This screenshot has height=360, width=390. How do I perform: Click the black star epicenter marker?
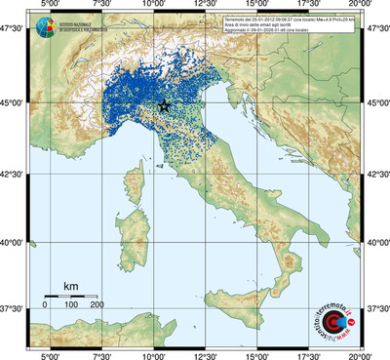(x=164, y=105)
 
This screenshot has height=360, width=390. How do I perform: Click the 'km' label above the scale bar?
(x=70, y=286)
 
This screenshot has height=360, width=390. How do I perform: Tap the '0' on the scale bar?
(x=45, y=305)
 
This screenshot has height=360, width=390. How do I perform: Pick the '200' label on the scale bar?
(x=97, y=305)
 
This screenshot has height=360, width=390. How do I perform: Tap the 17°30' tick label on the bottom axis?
(x=310, y=354)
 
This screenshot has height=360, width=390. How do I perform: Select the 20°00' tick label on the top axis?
(x=361, y=6)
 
